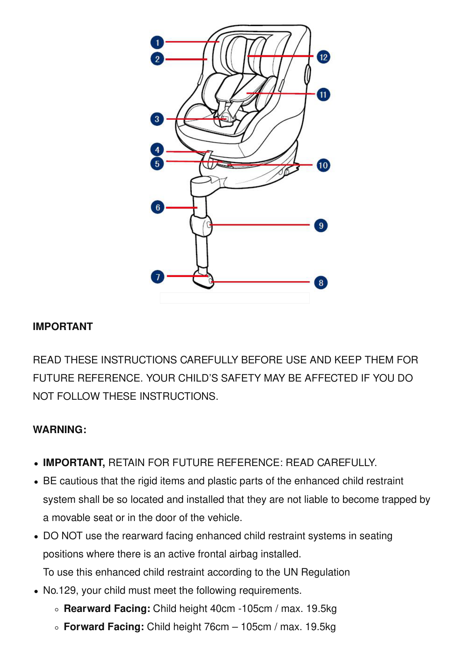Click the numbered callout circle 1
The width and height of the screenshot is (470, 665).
[157, 42]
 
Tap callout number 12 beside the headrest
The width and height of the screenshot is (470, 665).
[323, 57]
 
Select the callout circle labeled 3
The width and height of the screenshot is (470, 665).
[157, 119]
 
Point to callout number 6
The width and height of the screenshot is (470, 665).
[158, 207]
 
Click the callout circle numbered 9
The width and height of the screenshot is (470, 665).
[321, 225]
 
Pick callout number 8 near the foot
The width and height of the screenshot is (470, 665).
[321, 282]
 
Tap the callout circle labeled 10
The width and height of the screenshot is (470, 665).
[323, 165]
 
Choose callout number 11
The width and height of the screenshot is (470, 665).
[323, 94]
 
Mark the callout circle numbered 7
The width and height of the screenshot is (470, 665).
[158, 277]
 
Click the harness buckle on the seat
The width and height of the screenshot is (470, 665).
[226, 118]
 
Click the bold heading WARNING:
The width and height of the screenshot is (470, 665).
[60, 429]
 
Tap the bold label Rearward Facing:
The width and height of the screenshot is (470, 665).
[107, 609]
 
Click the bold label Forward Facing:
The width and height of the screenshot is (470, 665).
[104, 627]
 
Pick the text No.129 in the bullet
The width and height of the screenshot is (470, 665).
[59, 590]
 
